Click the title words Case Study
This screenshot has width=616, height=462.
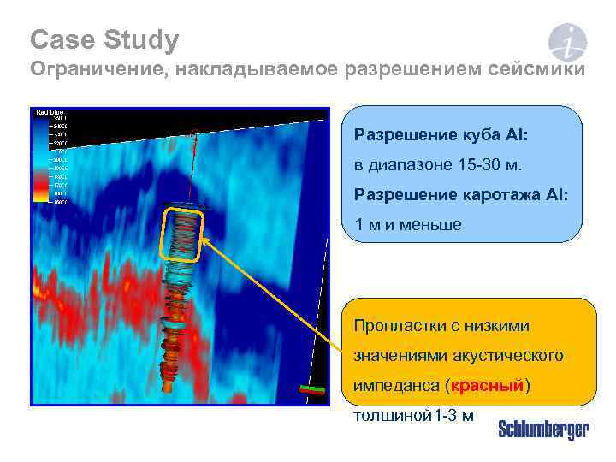coord(104,39)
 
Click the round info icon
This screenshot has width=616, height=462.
coord(567,42)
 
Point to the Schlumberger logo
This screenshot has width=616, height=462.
coord(543,429)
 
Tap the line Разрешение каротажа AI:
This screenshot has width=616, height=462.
coord(460,195)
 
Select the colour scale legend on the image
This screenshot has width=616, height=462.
coord(50,157)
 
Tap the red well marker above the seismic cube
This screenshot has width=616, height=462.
coord(196,133)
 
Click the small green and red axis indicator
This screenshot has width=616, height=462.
coord(312,389)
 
